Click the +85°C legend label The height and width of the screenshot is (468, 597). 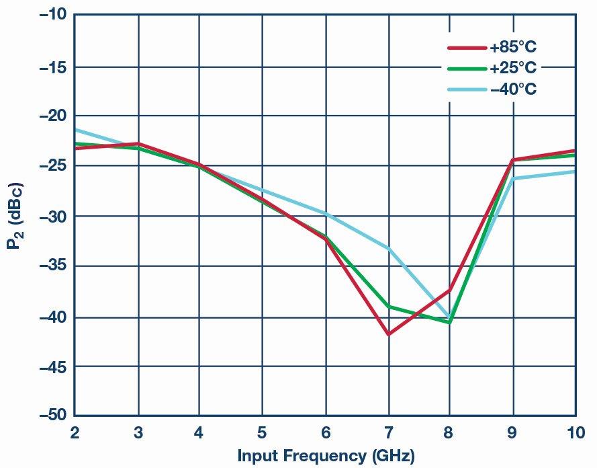tap(512, 48)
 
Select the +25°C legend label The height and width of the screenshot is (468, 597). tap(512, 69)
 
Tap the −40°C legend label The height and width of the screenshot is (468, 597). tap(512, 89)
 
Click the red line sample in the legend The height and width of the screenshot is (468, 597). tap(467, 48)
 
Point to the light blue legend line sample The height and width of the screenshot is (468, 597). tap(467, 89)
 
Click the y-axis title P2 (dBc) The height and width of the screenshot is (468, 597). tap(15, 215)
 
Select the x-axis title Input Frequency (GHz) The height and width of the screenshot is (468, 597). tap(326, 456)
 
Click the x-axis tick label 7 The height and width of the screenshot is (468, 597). tap(388, 432)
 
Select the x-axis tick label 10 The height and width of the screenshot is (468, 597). tap(575, 432)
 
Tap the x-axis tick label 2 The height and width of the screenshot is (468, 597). tap(75, 432)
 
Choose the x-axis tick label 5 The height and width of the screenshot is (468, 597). tap(262, 432)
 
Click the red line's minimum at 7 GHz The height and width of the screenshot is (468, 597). tap(388, 334)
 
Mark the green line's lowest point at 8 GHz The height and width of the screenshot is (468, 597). tap(449, 322)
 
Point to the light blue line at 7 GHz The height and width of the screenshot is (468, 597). tap(388, 248)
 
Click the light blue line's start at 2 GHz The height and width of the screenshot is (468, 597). tap(75, 129)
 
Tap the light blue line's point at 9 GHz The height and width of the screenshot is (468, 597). tap(513, 179)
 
